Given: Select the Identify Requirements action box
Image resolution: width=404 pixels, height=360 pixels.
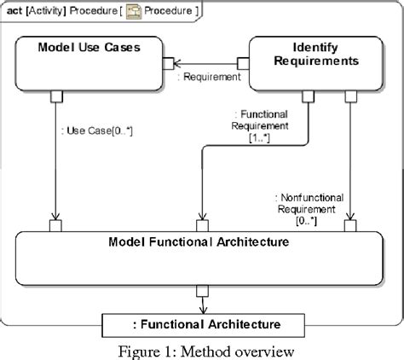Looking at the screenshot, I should click(x=312, y=61).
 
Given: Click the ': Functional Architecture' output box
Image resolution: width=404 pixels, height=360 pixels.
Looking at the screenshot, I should click(x=202, y=324).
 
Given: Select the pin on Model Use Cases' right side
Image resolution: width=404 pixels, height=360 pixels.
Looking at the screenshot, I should click(x=169, y=61).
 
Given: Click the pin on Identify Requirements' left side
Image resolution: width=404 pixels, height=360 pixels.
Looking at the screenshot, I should click(x=244, y=61).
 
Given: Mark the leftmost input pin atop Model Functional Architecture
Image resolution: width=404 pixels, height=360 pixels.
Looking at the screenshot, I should click(x=54, y=226).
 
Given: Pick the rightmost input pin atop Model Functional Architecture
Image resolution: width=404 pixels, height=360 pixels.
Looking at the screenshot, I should click(x=349, y=226).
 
